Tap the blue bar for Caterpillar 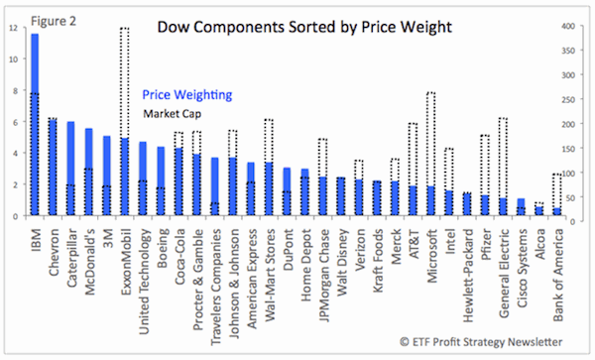70,169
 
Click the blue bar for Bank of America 555,211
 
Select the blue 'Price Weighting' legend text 186,95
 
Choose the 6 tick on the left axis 12,122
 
